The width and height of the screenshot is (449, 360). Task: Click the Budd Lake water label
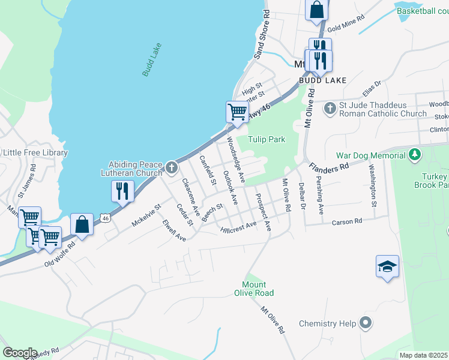click(x=152, y=59)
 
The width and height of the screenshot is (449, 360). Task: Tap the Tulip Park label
click(x=266, y=139)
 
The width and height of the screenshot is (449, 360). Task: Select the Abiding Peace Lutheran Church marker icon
click(x=171, y=167)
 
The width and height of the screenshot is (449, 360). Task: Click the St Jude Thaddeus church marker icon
click(x=330, y=109)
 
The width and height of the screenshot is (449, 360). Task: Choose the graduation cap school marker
click(x=387, y=266)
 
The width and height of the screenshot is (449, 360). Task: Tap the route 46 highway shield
click(x=106, y=217)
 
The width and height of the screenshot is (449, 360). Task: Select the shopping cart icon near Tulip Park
click(x=237, y=112)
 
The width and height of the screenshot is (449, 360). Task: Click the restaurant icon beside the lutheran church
click(x=122, y=191)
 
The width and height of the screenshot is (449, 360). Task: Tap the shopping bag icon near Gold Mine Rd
click(x=316, y=10)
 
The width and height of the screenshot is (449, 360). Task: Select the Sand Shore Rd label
click(x=262, y=34)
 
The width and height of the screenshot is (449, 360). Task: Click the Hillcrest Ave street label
click(x=238, y=227)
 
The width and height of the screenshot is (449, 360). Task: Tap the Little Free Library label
click(x=35, y=153)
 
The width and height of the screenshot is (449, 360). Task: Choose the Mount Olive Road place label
click(x=258, y=289)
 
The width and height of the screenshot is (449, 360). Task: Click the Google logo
click(x=20, y=353)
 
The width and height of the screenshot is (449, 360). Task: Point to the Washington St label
click(x=372, y=186)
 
